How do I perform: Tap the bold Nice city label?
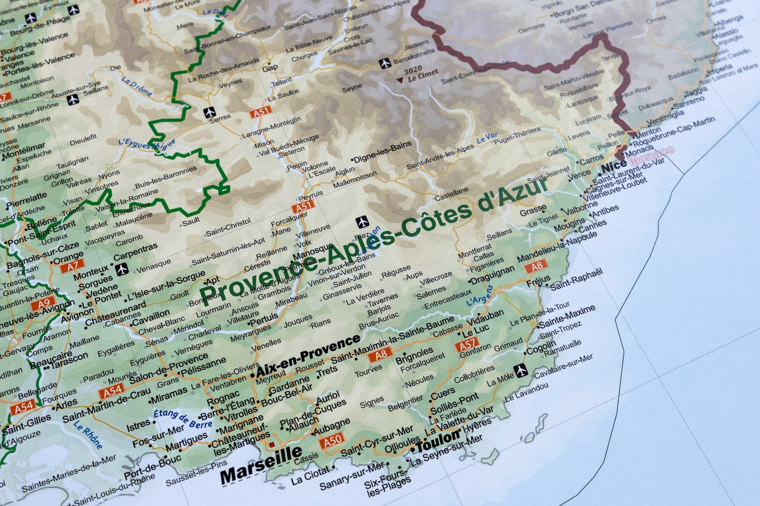(x=614, y=166)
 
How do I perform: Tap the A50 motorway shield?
(x=331, y=440)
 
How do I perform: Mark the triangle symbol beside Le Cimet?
(x=400, y=80)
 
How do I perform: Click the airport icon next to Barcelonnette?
(x=385, y=63)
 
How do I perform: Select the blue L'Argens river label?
(x=479, y=296)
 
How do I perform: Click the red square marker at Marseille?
(x=272, y=444)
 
